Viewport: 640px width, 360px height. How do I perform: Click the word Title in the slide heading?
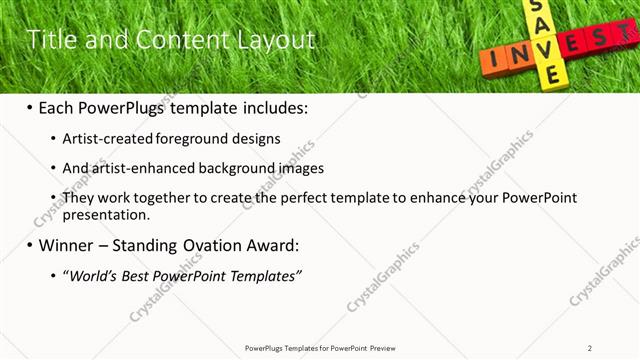pyautogui.click(x=49, y=40)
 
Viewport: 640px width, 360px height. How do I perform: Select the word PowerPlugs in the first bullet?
pyautogui.click(x=133, y=107)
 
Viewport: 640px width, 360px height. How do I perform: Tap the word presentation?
pyautogui.click(x=105, y=214)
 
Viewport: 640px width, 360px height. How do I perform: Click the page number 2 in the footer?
pyautogui.click(x=590, y=348)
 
